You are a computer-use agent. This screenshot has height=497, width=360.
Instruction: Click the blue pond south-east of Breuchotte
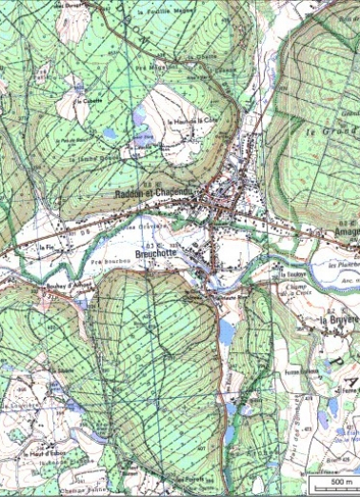(227, 331)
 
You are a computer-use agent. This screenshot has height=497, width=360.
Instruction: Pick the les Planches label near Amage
(343, 264)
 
